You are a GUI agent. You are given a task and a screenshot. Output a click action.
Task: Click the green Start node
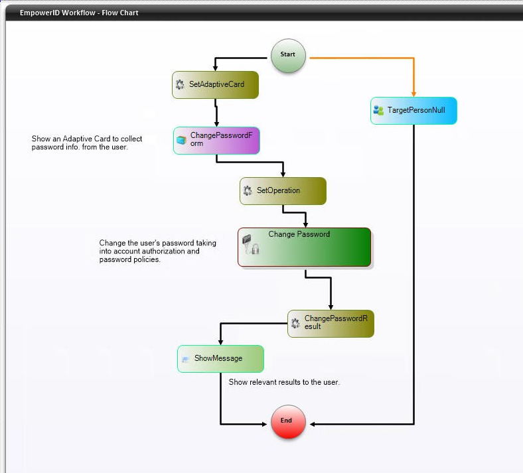pyautogui.click(x=288, y=54)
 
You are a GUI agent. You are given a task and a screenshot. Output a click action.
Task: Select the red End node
pyautogui.click(x=288, y=421)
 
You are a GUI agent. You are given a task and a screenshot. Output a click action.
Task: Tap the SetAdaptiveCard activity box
pyautogui.click(x=214, y=85)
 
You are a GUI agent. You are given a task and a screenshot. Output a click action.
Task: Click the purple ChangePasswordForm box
pyautogui.click(x=216, y=140)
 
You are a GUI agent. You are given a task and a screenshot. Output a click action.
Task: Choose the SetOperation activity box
pyautogui.click(x=283, y=190)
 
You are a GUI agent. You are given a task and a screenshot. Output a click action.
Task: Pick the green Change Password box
pyautogui.click(x=305, y=247)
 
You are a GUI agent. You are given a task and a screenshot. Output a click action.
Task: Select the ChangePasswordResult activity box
pyautogui.click(x=331, y=323)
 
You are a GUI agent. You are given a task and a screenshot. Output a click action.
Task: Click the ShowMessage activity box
pyautogui.click(x=220, y=358)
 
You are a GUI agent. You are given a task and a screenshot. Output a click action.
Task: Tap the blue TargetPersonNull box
pyautogui.click(x=413, y=110)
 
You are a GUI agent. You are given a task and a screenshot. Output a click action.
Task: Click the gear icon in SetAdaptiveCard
pyautogui.click(x=180, y=85)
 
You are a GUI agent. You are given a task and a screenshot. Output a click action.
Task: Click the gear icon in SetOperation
pyautogui.click(x=248, y=190)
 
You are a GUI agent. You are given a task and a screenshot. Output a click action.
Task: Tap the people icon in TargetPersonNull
pyautogui.click(x=378, y=110)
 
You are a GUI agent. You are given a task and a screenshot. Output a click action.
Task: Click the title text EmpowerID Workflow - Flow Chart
pyautogui.click(x=79, y=13)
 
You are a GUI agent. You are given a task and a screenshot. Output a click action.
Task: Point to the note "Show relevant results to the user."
pyautogui.click(x=284, y=382)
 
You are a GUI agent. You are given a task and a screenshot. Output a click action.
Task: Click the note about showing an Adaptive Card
pyautogui.click(x=87, y=143)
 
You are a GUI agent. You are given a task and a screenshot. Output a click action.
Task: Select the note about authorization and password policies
pyautogui.click(x=158, y=251)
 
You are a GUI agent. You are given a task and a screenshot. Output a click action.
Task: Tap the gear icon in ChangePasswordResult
pyautogui.click(x=295, y=323)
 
